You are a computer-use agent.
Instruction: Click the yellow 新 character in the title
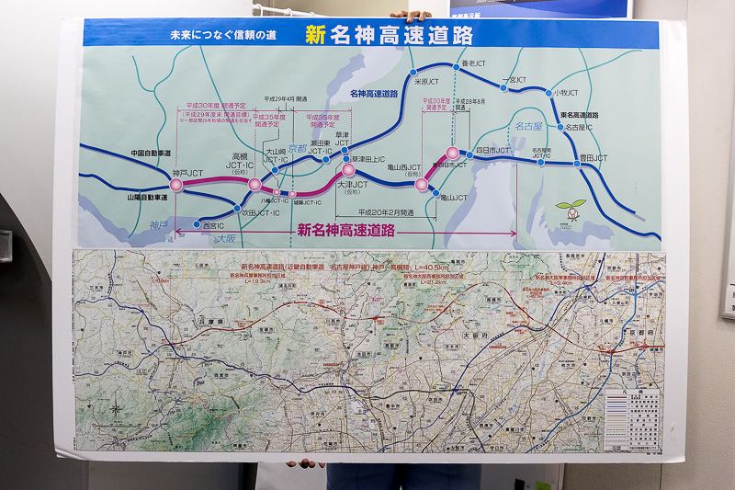tap(315, 35)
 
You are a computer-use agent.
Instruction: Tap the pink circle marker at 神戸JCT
tap(176, 185)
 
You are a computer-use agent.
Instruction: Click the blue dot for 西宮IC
tap(196, 224)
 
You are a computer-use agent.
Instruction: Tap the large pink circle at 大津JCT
tap(348, 170)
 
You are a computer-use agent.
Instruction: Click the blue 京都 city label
tap(297, 148)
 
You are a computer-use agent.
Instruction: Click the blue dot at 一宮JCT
tap(503, 87)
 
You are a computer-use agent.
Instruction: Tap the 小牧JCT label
tap(566, 93)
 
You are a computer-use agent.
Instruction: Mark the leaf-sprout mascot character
tap(571, 211)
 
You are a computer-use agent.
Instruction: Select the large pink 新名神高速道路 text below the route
tap(345, 231)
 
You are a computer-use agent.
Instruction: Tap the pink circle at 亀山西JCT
tap(421, 184)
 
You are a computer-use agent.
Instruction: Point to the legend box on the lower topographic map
tap(632, 418)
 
